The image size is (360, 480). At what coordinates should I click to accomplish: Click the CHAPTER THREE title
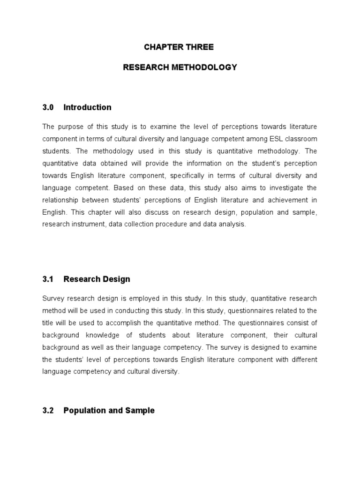(x=180, y=47)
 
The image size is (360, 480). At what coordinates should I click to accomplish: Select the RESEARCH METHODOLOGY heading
(x=180, y=67)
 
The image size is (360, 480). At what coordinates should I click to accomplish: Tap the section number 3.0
(x=48, y=107)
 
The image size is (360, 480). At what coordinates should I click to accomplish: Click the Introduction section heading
(x=87, y=107)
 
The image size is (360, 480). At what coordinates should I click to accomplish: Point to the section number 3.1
(x=48, y=279)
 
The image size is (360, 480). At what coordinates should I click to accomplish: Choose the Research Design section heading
(x=97, y=279)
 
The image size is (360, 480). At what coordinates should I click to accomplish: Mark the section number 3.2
(x=48, y=411)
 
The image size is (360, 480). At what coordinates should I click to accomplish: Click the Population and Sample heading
(x=109, y=411)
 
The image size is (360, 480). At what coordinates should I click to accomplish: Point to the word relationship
(x=63, y=200)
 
